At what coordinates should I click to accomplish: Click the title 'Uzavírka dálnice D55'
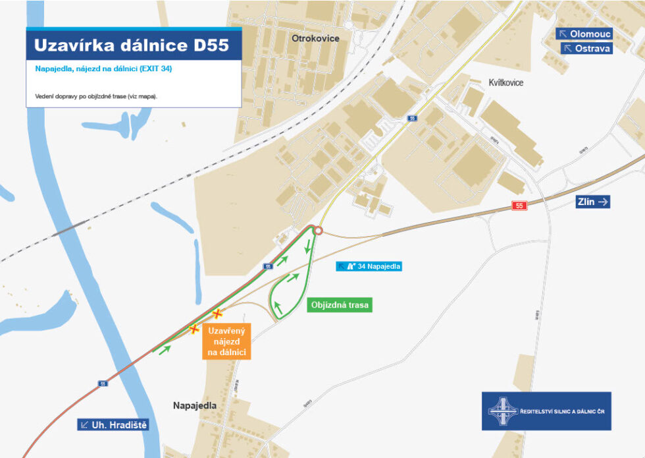[131, 45]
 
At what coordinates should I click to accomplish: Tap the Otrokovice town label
[315, 38]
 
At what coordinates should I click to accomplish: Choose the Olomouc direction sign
[584, 34]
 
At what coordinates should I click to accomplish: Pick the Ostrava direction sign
[586, 48]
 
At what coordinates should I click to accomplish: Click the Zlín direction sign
[593, 202]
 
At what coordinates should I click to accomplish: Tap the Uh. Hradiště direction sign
[113, 425]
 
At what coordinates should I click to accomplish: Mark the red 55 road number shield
[520, 206]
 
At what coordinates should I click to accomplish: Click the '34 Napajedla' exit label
[369, 266]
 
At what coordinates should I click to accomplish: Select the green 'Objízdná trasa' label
[340, 305]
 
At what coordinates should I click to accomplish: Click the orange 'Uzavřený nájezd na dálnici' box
[226, 343]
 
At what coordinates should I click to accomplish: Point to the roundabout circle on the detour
[319, 231]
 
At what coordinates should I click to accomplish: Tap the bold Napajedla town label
[194, 405]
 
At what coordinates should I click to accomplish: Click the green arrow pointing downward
[307, 249]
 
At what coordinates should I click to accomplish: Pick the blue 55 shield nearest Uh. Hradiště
[102, 384]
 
